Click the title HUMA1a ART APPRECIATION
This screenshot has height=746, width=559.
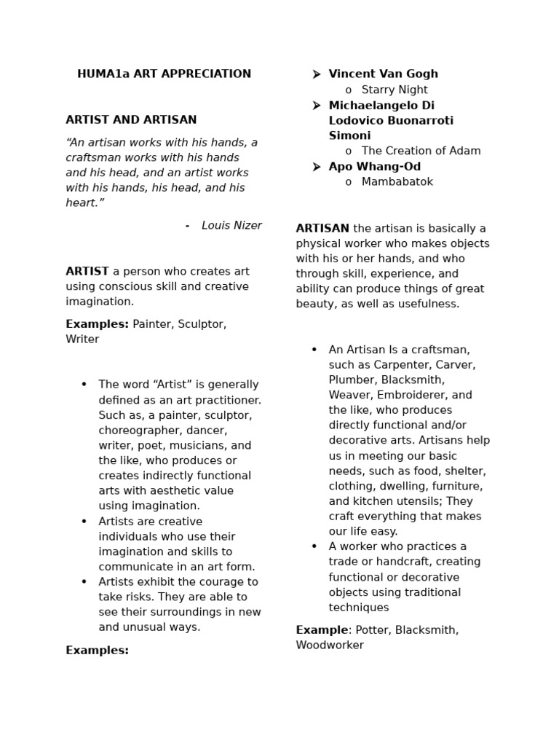[x=164, y=74]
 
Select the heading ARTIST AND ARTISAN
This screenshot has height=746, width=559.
[x=131, y=120]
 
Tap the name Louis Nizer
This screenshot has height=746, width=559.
[x=231, y=226]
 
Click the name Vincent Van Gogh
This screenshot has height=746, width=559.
[x=383, y=74]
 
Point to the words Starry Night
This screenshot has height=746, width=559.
[x=395, y=90]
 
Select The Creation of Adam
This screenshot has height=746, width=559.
[x=421, y=152]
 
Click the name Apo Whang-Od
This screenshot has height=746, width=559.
[x=374, y=167]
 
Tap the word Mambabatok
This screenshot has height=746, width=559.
[x=397, y=182]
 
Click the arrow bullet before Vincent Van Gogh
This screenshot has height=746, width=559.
[x=316, y=74]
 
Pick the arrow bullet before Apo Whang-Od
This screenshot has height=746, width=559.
[x=316, y=167]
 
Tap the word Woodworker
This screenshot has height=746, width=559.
[x=330, y=645]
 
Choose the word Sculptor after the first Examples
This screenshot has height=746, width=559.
[x=202, y=324]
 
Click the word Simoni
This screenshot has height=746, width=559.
[x=349, y=136]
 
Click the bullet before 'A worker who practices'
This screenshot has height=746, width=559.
[x=314, y=546]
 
